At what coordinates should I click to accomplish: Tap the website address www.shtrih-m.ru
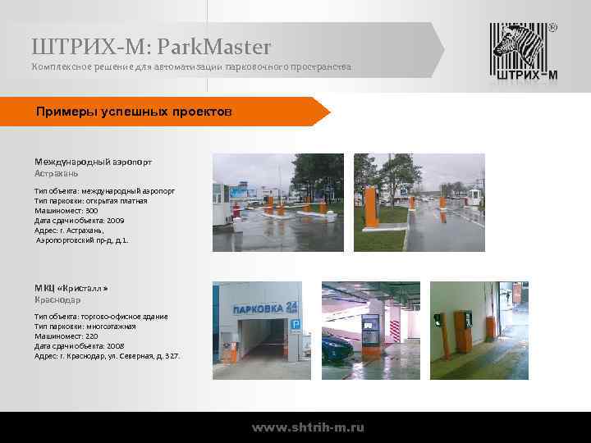pos(308,427)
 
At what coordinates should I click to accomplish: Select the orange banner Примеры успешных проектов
pos(135,111)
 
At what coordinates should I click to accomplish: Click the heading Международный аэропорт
pos(93,162)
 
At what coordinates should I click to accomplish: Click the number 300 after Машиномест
pos(91,211)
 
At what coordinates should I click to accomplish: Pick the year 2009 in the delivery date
pos(117,221)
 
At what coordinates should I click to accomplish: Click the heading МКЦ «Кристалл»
pos(71,290)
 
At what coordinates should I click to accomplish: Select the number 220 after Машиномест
pos(91,336)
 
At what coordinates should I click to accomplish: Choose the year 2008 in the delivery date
pos(117,346)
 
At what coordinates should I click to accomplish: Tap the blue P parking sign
pos(296,325)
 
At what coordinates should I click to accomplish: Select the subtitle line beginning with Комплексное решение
pos(191,66)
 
